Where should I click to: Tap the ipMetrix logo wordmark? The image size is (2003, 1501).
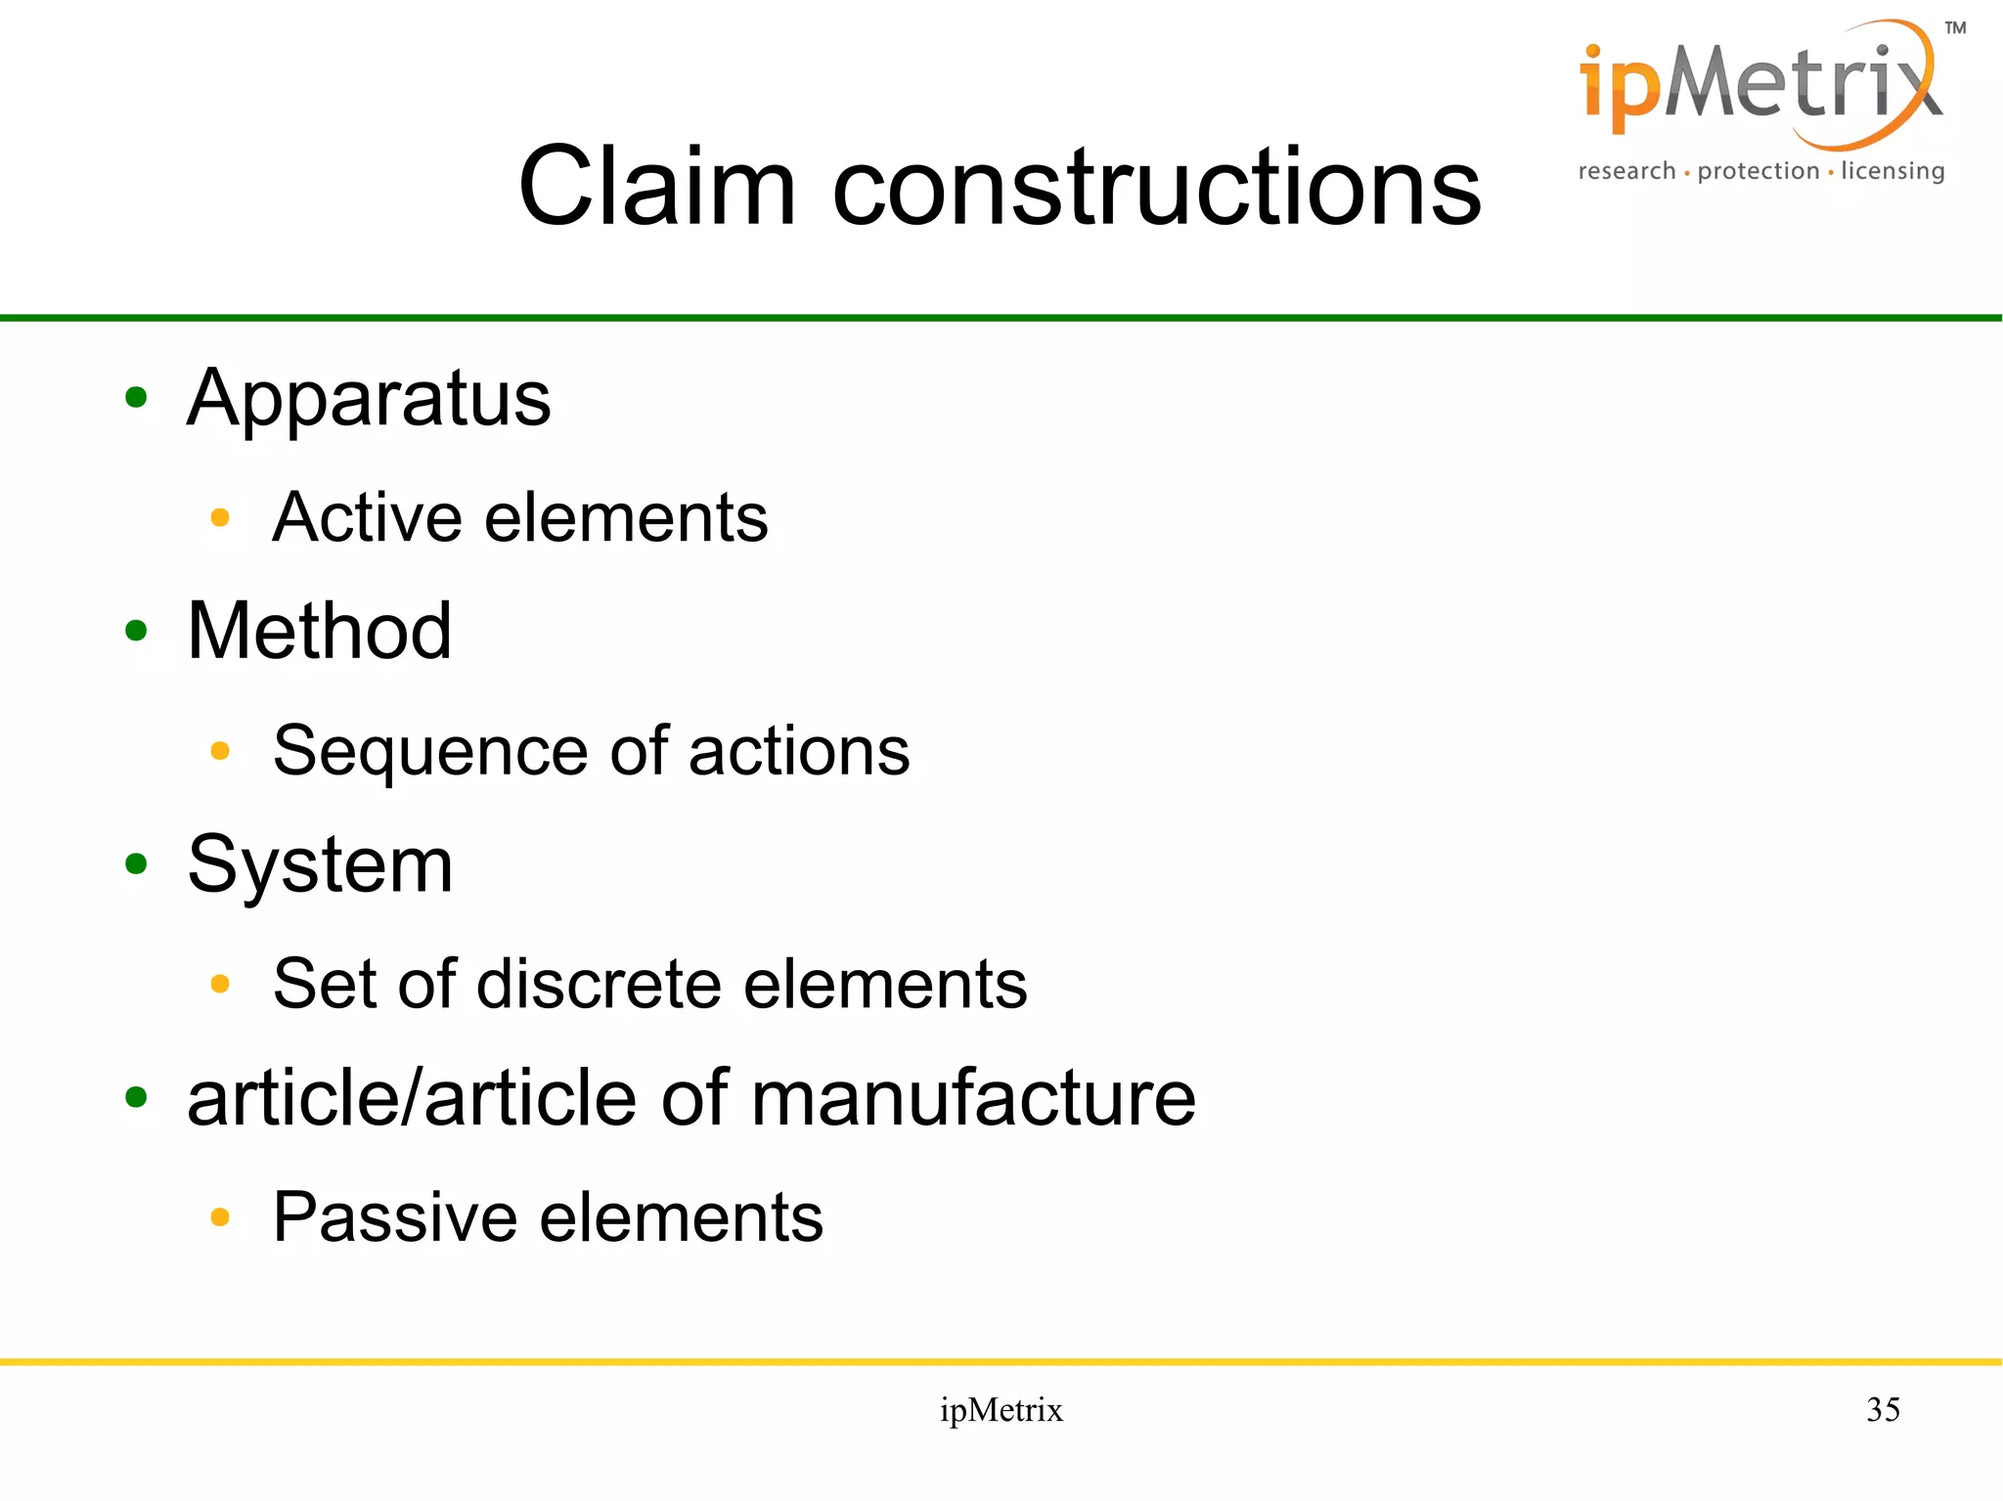pos(1759,88)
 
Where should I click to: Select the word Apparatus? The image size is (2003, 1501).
pos(369,399)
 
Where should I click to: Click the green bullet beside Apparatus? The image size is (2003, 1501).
pos(136,397)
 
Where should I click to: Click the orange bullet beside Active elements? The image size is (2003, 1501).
pos(220,517)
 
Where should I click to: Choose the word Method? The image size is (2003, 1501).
pos(319,631)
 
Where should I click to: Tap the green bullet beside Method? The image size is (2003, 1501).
pos(136,631)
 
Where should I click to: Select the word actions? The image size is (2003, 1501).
pos(799,751)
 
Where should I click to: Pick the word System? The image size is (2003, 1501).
pos(320,865)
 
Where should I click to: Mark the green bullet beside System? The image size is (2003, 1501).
pos(136,863)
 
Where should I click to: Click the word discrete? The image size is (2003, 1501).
pos(599,983)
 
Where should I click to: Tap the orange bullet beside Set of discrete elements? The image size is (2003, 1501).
pos(220,984)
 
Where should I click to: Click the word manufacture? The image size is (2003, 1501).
pos(973,1098)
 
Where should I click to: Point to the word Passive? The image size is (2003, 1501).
pos(395,1217)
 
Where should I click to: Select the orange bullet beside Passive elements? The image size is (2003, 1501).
pos(220,1217)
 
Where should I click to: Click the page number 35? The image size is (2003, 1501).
pos(1883,1409)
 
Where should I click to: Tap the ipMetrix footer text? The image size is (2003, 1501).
pos(1001,1410)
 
